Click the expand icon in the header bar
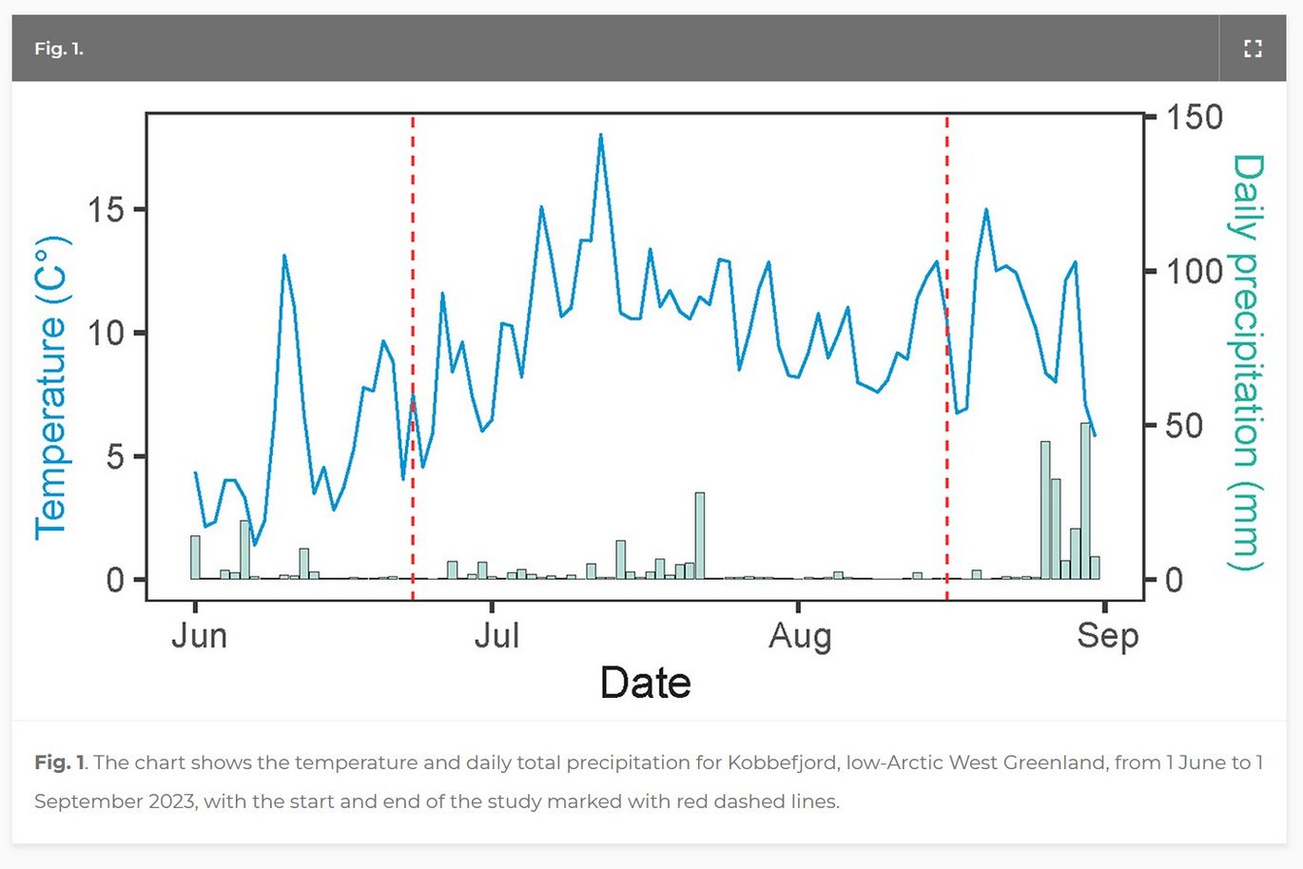pyautogui.click(x=1253, y=48)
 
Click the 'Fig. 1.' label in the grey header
pyautogui.click(x=59, y=48)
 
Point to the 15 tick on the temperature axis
pyautogui.click(x=107, y=209)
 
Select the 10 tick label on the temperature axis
pyautogui.click(x=107, y=333)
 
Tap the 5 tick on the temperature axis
pyautogui.click(x=115, y=456)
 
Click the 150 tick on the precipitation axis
pyautogui.click(x=1194, y=117)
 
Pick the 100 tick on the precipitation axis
pyautogui.click(x=1194, y=271)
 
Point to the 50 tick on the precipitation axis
pyautogui.click(x=1184, y=425)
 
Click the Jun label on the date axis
pyautogui.click(x=199, y=635)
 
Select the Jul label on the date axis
pyautogui.click(x=496, y=635)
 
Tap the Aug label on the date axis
pyautogui.click(x=800, y=635)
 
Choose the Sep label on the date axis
pyautogui.click(x=1107, y=635)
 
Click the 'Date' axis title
pyautogui.click(x=645, y=683)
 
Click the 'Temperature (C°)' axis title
pyautogui.click(x=51, y=388)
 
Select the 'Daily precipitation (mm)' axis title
pyautogui.click(x=1247, y=363)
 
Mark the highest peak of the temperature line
pyautogui.click(x=601, y=135)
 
